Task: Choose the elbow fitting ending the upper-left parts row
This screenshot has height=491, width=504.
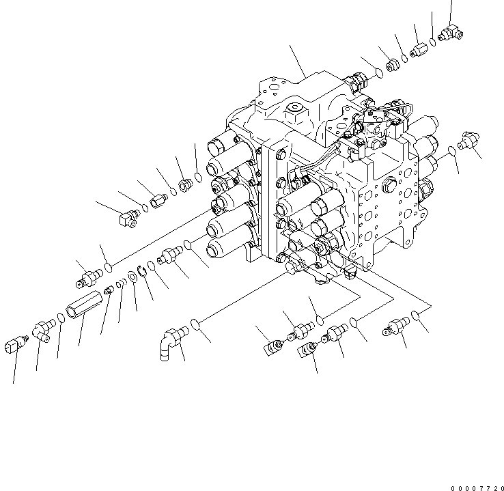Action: point(126,216)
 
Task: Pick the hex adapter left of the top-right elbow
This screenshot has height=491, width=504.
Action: point(419,50)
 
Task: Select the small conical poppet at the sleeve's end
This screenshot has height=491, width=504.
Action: point(109,292)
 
